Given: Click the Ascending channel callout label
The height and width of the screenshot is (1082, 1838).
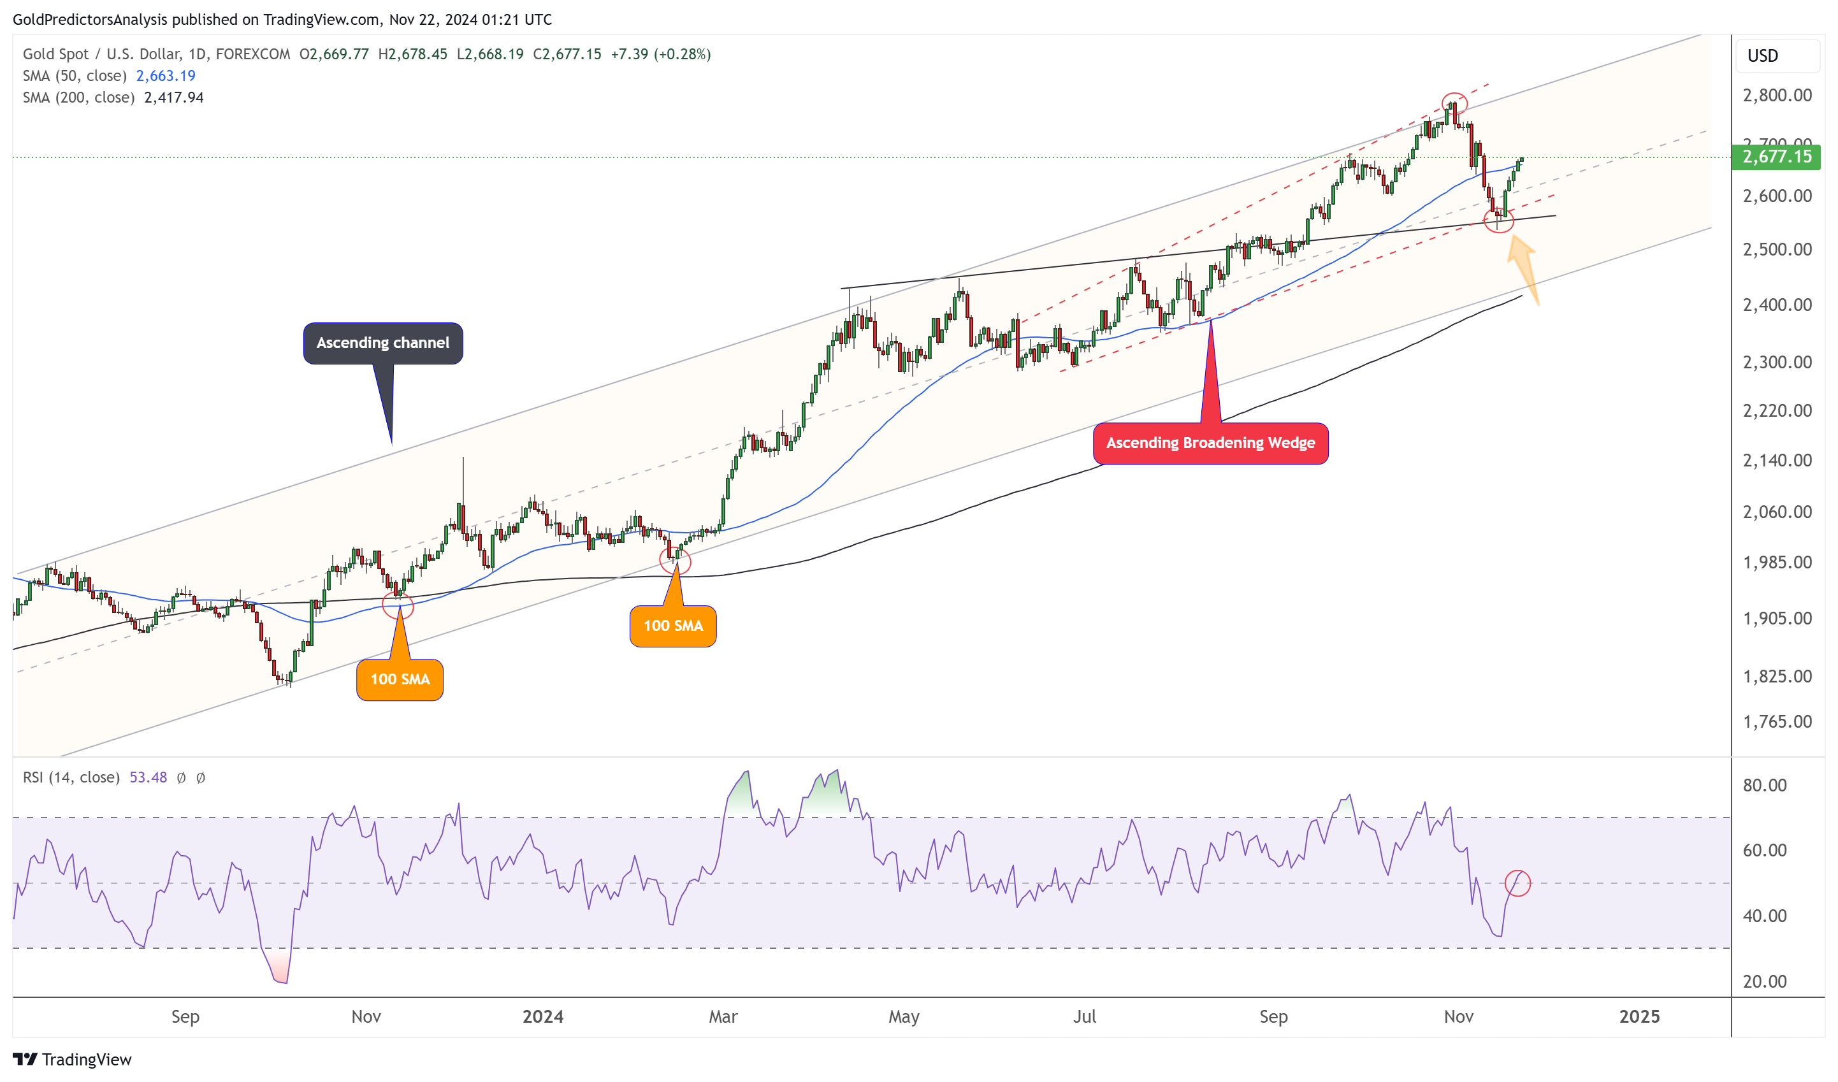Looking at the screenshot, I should pos(383,343).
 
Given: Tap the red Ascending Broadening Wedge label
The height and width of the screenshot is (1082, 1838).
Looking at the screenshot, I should pos(1210,443).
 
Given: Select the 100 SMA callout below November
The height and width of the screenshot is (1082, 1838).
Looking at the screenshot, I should pos(400,679).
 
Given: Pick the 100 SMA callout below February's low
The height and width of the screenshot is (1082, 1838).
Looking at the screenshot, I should pos(672,626).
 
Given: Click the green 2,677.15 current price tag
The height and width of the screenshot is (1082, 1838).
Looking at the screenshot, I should pos(1776,157).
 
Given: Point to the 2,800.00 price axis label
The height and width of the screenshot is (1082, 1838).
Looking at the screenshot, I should pos(1777,96).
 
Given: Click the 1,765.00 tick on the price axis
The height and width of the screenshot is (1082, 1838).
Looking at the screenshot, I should pos(1777,722).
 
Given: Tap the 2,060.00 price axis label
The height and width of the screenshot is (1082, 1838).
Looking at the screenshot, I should pos(1777,512).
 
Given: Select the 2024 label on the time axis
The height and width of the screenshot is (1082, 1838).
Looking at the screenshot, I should pos(542,1016).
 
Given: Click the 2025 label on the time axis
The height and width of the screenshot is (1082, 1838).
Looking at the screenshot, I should pos(1639,1016).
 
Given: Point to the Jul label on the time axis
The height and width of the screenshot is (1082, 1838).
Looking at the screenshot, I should pos(1085,1016).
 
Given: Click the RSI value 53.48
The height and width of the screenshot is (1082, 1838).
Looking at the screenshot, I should pos(148,777).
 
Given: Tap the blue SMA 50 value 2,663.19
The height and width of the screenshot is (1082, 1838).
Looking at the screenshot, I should pos(166,76).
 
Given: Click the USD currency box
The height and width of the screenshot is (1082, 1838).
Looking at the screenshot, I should pos(1763,56).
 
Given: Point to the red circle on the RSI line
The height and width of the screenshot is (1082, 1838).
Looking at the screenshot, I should pos(1517,883).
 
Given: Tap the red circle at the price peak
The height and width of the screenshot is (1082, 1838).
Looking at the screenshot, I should pos(1454,103).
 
